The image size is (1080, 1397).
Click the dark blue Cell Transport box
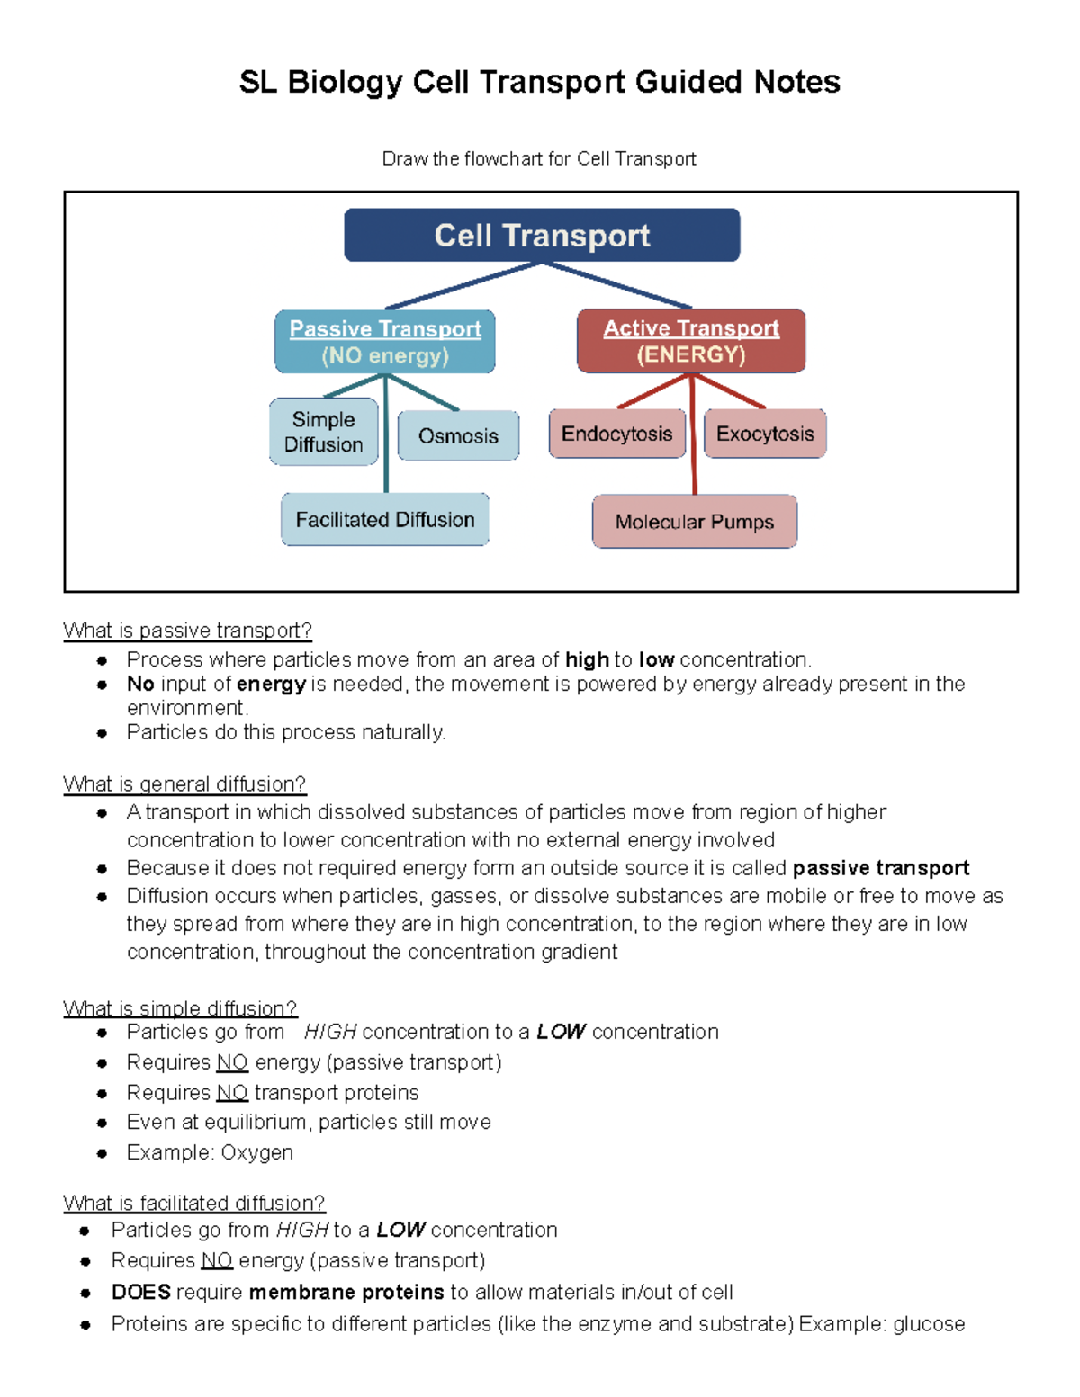coord(542,236)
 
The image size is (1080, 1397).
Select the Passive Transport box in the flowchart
coord(385,342)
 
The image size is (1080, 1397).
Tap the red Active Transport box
coord(691,341)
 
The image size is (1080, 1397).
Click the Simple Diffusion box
coord(324,432)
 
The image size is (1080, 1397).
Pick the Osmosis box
coord(458,436)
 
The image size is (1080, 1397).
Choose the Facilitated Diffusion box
coord(385,520)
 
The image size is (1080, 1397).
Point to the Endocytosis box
coord(617,434)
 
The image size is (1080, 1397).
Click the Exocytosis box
coord(765,434)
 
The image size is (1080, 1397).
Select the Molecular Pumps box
coord(695,522)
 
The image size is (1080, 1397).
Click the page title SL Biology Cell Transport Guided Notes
coord(540,82)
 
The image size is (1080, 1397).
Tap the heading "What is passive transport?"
coord(187,631)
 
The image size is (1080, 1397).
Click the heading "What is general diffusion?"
coord(184,784)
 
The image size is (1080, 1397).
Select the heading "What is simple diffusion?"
coord(180,1008)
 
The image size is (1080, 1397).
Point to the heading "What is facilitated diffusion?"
coord(193,1204)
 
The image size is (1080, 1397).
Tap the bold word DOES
coord(141,1293)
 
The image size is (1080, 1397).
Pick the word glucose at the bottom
coord(929,1324)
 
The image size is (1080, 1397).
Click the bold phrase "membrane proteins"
coord(346,1293)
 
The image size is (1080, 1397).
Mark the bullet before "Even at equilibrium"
coord(103,1123)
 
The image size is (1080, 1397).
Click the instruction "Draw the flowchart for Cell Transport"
coord(539,159)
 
